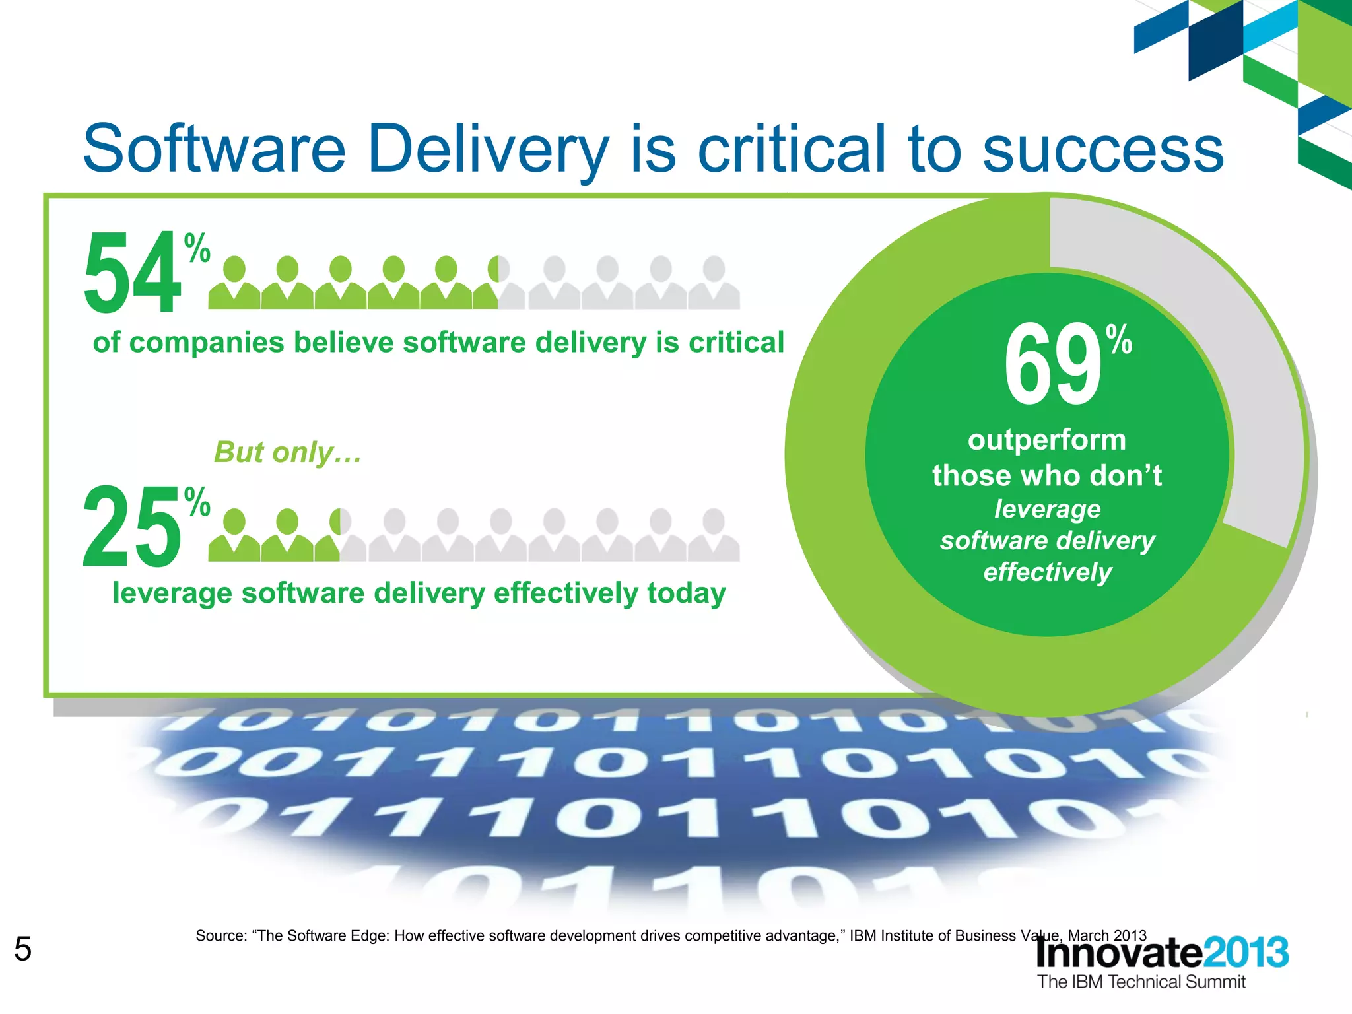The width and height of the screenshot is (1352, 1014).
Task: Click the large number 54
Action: tap(132, 272)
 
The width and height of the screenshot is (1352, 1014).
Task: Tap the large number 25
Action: tap(132, 526)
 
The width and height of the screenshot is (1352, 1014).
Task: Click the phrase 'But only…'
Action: tap(288, 453)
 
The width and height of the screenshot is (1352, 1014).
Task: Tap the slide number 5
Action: tap(22, 949)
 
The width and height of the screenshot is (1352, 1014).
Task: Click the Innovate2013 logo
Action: tap(1162, 953)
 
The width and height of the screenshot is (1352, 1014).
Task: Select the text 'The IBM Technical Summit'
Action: tap(1141, 982)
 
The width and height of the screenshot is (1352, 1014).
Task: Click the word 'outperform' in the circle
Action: tap(1047, 440)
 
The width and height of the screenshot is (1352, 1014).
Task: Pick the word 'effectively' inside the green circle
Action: tap(1048, 572)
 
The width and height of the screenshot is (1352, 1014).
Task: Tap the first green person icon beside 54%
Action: tap(234, 283)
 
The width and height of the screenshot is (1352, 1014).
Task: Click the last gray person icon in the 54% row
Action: tap(714, 283)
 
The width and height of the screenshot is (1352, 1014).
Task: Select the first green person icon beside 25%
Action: tap(234, 535)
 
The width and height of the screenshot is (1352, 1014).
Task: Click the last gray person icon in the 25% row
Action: tap(714, 535)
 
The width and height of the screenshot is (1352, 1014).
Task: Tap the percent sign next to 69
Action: tap(1120, 339)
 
